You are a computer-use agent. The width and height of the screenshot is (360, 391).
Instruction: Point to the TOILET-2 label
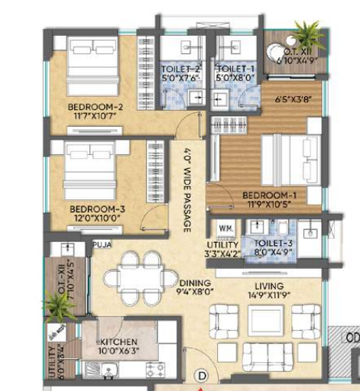pos(181,69)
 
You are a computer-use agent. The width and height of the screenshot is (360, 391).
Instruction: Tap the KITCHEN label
pos(118,341)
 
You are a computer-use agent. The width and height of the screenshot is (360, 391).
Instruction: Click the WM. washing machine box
pos(226,228)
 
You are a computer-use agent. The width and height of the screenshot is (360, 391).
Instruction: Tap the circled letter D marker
pos(202,376)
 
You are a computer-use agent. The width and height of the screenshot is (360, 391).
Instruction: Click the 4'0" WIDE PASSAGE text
pos(186,190)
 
